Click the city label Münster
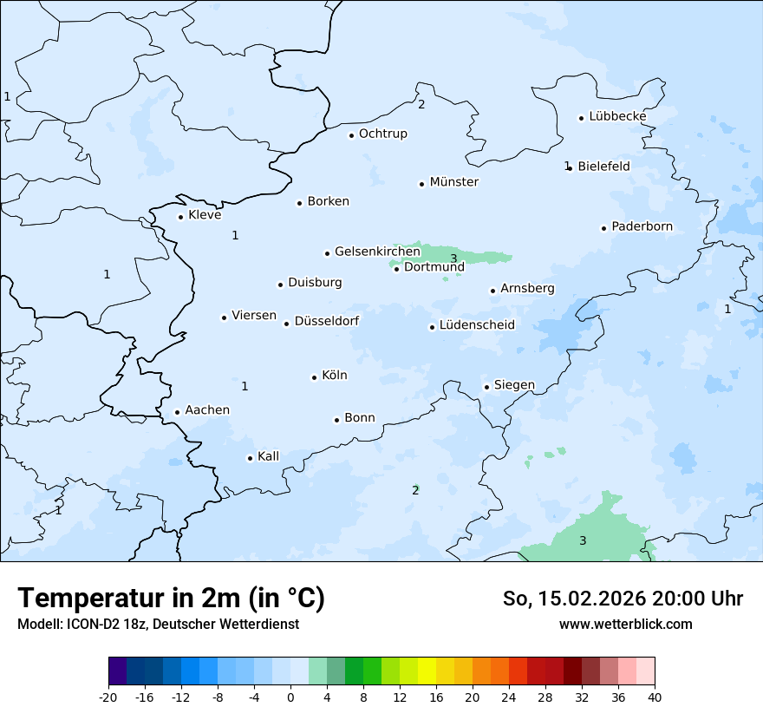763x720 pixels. [x=454, y=182]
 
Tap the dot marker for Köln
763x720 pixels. [x=315, y=377]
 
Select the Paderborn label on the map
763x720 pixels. [x=642, y=227]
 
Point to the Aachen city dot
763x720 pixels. [x=178, y=413]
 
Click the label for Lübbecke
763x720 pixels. [x=617, y=116]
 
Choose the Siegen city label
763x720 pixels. [x=514, y=385]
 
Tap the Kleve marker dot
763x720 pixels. [x=181, y=217]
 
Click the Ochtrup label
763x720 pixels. [x=383, y=134]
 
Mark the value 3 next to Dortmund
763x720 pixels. [x=453, y=259]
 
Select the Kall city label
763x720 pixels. [x=269, y=456]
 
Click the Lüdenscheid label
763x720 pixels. [x=477, y=325]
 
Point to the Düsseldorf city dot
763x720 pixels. [x=287, y=324]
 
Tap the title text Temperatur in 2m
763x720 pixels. [x=172, y=599]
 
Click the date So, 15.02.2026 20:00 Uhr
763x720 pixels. [x=623, y=599]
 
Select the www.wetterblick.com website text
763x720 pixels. [x=625, y=624]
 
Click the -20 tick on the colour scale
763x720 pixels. [x=108, y=697]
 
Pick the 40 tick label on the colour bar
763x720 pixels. [x=655, y=697]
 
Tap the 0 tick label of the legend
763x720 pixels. [x=290, y=697]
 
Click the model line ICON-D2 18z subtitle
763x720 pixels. [x=158, y=625]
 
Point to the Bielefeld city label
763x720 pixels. [x=603, y=166]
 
